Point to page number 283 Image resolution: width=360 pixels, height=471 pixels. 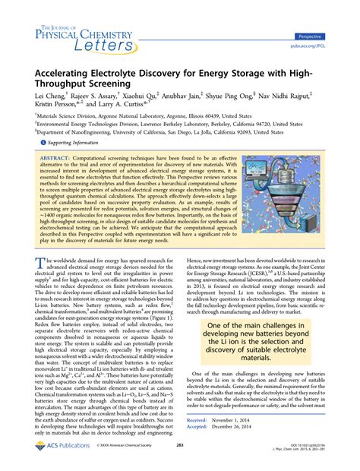pyautogui.click(x=181, y=457)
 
